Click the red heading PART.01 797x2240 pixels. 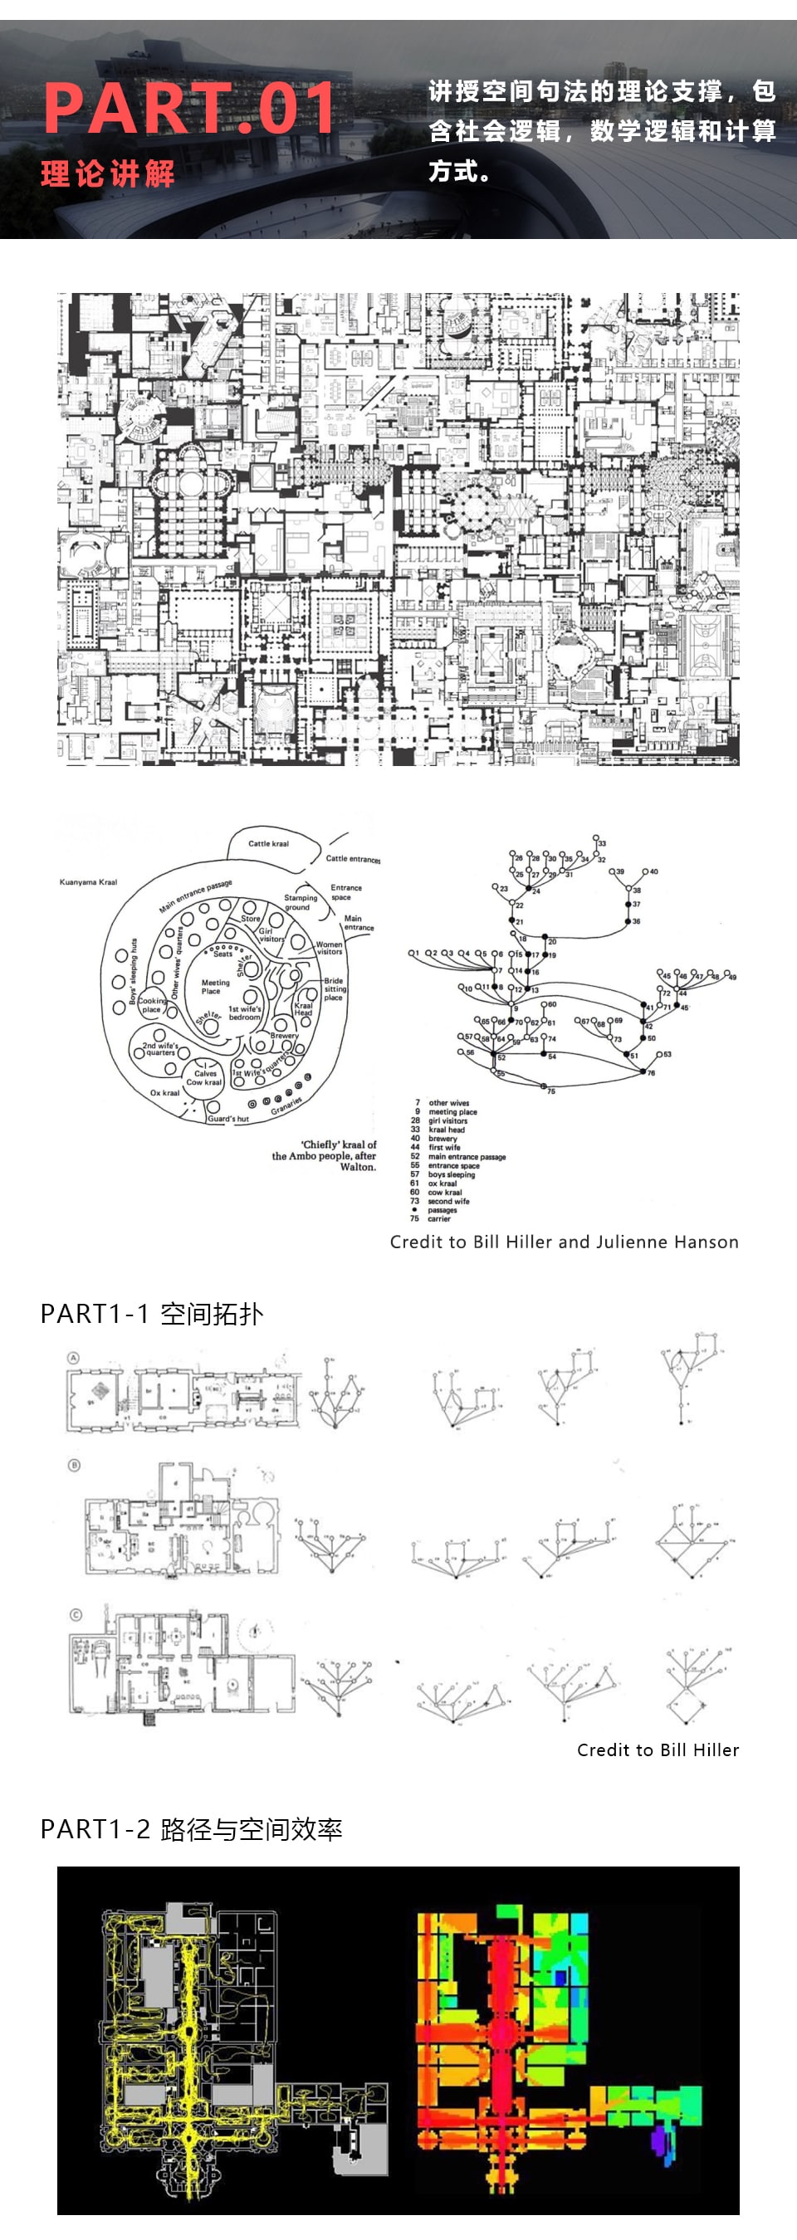tap(189, 108)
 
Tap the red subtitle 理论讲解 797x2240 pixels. tap(108, 174)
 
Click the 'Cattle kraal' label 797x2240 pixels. tap(268, 843)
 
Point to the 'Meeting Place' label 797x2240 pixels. tap(215, 986)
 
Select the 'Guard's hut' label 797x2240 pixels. tap(228, 1118)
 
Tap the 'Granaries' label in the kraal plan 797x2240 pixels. tap(286, 1106)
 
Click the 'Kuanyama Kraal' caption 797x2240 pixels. tap(88, 881)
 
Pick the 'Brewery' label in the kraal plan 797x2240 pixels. tap(284, 1036)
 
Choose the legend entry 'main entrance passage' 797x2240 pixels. tap(467, 1157)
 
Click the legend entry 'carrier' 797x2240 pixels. tap(438, 1218)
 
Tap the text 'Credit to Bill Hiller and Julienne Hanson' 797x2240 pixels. tap(564, 1242)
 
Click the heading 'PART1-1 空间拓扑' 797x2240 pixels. tap(151, 1314)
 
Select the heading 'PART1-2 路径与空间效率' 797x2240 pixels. tap(191, 1828)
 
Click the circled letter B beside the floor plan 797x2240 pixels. tap(74, 1465)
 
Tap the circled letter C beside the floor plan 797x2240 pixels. tap(76, 1615)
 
